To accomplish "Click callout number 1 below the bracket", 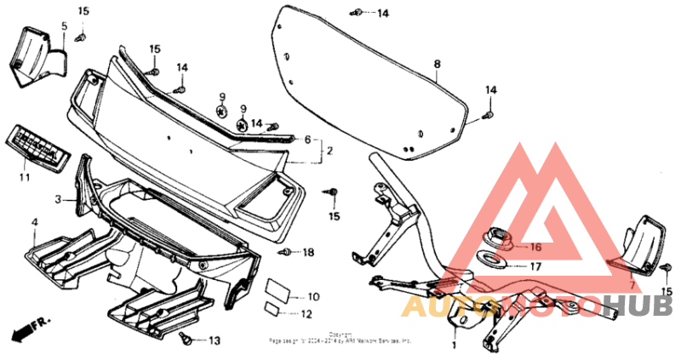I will click(454, 346).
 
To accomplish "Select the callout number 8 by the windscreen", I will click(437, 64).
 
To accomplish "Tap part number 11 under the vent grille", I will click(24, 177).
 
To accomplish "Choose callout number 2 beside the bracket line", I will click(308, 139).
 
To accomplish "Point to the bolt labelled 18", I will click(286, 252).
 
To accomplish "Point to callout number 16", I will click(535, 247).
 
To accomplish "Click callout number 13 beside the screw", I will click(214, 340).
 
